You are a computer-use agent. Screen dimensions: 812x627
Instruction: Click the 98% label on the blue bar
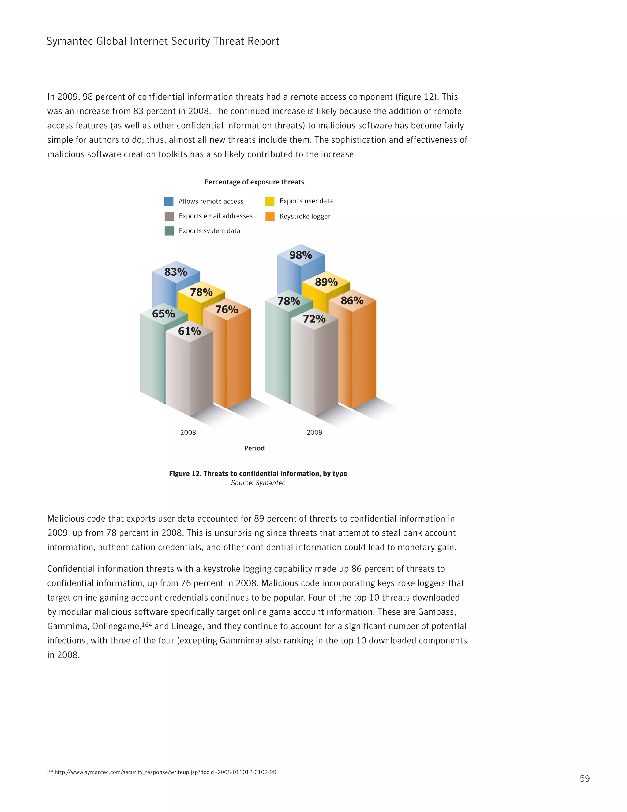(301, 255)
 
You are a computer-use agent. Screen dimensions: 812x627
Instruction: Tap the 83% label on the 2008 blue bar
(176, 272)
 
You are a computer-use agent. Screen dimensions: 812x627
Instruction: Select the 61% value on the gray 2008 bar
(190, 331)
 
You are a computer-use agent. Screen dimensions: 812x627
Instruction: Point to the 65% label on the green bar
(163, 314)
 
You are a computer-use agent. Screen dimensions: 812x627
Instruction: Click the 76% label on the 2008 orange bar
(227, 309)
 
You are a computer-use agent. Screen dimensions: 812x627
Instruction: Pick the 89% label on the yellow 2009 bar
(326, 282)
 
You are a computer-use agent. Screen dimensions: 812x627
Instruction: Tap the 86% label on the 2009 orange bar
(352, 300)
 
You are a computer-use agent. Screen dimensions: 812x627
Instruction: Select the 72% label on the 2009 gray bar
(314, 319)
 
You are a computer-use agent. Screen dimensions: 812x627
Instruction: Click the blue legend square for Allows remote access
(169, 202)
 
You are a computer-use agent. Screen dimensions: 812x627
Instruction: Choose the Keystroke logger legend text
(305, 216)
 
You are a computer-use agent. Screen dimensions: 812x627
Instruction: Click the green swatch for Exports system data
(169, 231)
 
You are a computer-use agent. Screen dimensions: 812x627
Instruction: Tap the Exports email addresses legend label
(216, 216)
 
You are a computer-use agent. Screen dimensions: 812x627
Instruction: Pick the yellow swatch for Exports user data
(270, 201)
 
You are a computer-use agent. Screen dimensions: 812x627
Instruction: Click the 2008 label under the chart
(188, 432)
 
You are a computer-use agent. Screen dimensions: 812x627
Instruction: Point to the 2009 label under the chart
(314, 432)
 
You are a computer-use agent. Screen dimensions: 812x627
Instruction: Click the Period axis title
(254, 448)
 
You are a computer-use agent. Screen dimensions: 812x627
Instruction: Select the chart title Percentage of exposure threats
(254, 182)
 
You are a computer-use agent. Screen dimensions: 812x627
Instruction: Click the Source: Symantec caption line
(258, 483)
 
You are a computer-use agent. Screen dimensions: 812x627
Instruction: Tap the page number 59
(585, 779)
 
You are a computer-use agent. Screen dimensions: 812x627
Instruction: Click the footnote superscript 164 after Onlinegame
(147, 624)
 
